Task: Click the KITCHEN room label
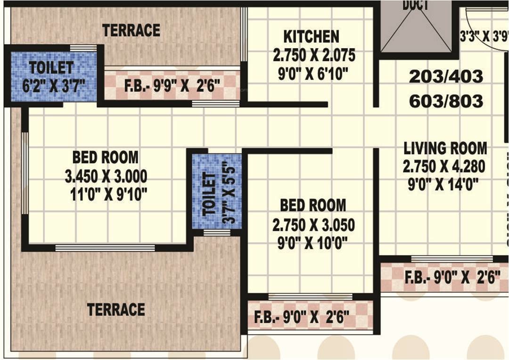pyautogui.click(x=311, y=37)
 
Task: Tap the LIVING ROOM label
pyautogui.click(x=445, y=148)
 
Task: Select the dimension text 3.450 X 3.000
pyautogui.click(x=106, y=177)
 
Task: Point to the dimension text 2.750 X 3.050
pyautogui.click(x=313, y=225)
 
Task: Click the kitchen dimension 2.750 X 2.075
pyautogui.click(x=314, y=56)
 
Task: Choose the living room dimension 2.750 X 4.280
pyautogui.click(x=444, y=166)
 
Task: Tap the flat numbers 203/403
pyautogui.click(x=446, y=77)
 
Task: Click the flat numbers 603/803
pyautogui.click(x=446, y=101)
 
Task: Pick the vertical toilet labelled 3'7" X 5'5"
pyautogui.click(x=217, y=192)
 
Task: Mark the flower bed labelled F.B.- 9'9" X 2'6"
pyautogui.click(x=172, y=87)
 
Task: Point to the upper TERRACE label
pyautogui.click(x=131, y=31)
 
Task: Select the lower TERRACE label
pyautogui.click(x=116, y=310)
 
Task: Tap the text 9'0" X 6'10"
pyautogui.click(x=313, y=74)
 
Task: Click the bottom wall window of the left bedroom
pyautogui.click(x=105, y=247)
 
